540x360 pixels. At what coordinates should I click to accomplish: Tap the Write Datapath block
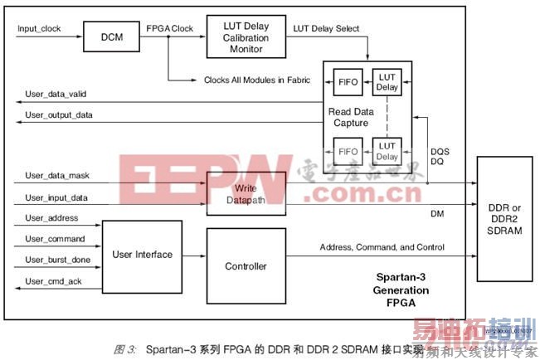(x=246, y=192)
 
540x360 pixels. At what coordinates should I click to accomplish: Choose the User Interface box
(x=142, y=254)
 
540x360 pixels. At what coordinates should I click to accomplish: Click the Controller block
(x=246, y=266)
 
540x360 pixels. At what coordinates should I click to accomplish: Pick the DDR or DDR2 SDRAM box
(x=506, y=216)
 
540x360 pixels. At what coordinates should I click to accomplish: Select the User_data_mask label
(x=54, y=178)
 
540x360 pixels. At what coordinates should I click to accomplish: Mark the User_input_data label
(x=54, y=197)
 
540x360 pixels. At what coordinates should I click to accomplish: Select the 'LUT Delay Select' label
(x=327, y=28)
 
